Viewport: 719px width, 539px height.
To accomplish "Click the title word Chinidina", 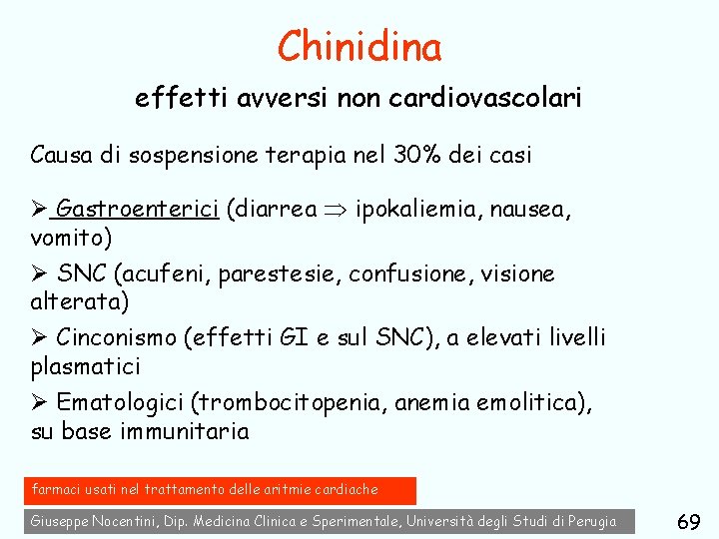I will (x=359, y=46).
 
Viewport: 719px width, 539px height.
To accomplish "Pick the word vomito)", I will (x=72, y=238).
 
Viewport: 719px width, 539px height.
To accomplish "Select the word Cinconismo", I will (x=117, y=338).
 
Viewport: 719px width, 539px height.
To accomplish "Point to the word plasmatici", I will (x=86, y=366).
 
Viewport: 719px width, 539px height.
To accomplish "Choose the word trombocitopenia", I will (x=291, y=403).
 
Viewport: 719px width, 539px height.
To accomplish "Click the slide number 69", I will (x=687, y=522).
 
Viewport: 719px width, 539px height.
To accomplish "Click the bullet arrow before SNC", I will (x=40, y=274).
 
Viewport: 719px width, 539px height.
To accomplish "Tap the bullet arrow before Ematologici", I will (x=40, y=403).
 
